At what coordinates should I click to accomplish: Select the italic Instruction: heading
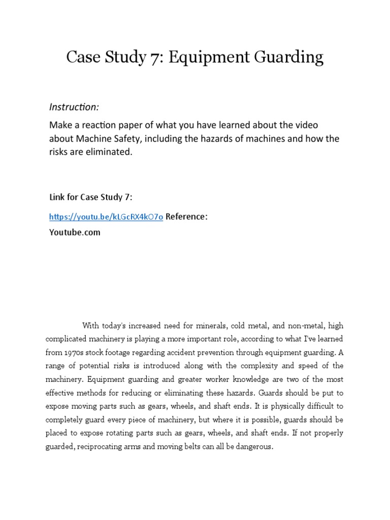click(74, 107)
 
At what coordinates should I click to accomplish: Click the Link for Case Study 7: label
click(90, 197)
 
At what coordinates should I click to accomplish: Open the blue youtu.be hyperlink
click(106, 217)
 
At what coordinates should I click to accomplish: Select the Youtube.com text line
click(75, 233)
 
